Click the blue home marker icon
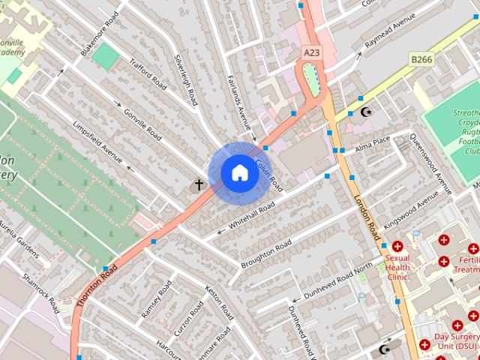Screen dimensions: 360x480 point(238,173)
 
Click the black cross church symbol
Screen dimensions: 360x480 point(200,184)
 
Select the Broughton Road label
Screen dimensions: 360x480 point(266,256)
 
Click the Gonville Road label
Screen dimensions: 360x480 point(142,122)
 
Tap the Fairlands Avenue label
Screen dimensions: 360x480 point(238,98)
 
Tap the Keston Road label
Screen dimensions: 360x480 point(219,302)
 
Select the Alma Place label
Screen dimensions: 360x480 point(373,143)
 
